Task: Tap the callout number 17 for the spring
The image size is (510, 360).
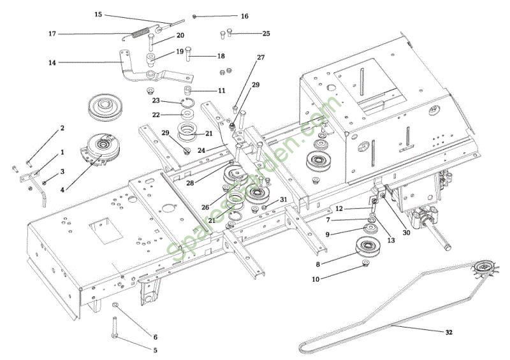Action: pos(52,33)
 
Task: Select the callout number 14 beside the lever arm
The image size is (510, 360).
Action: pos(52,62)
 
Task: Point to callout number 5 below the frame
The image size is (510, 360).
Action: pos(155,350)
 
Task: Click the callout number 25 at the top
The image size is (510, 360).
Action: pos(266,33)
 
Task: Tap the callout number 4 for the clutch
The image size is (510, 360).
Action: pos(62,190)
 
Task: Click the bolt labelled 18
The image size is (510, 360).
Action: pos(190,56)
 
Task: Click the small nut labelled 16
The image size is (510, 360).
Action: pos(196,16)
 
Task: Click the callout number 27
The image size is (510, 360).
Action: pos(261,58)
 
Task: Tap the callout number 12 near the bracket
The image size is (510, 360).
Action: pos(339,208)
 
